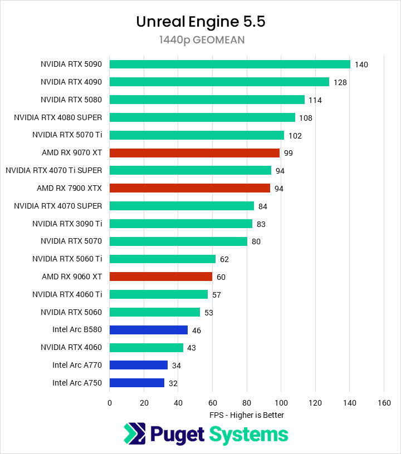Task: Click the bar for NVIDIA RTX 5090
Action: click(229, 64)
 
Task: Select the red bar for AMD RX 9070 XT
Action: click(194, 152)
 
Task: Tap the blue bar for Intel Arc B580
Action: click(149, 330)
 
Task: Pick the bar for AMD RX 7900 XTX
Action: click(190, 188)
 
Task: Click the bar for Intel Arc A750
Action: click(137, 383)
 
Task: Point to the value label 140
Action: click(361, 65)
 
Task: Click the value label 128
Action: click(340, 82)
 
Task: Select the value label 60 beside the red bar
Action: click(221, 277)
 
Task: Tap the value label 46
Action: click(197, 330)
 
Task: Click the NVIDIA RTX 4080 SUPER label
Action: click(58, 117)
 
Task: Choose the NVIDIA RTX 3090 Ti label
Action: click(67, 224)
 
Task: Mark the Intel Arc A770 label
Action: click(77, 365)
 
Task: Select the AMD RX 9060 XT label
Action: click(72, 277)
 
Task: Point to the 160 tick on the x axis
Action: click(384, 402)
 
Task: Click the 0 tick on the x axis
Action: click(110, 402)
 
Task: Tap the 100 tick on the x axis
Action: click(281, 402)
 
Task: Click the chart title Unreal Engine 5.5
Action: click(200, 22)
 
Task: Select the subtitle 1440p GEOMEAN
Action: click(200, 40)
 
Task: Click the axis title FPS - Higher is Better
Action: click(247, 415)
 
